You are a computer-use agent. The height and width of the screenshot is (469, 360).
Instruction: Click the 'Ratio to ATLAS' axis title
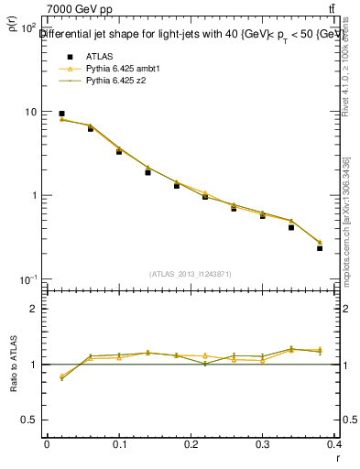click(x=14, y=365)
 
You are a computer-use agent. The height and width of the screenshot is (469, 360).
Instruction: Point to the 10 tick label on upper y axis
click(x=28, y=112)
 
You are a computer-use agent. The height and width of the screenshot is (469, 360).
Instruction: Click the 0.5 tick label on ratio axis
click(x=27, y=420)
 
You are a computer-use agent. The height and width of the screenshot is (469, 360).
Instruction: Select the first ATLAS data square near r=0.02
click(x=61, y=114)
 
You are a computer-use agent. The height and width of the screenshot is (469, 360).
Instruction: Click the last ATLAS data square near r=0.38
click(x=320, y=248)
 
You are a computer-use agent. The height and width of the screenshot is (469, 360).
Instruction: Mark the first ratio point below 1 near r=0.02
click(x=61, y=376)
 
